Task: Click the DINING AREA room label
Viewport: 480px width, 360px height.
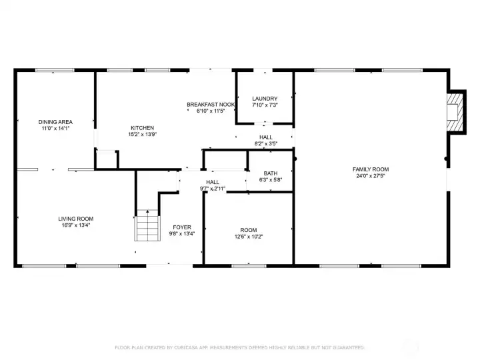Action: coord(55,122)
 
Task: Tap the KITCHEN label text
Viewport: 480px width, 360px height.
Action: coord(142,128)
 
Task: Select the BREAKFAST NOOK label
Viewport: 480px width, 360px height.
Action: coord(210,105)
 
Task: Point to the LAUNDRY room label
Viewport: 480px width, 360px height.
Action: coord(265,99)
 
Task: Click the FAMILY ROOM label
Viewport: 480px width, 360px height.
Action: coord(370,169)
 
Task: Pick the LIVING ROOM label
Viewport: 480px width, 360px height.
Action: coord(75,219)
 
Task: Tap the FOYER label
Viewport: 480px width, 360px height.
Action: coord(182,227)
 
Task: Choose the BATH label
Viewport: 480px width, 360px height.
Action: coord(271,173)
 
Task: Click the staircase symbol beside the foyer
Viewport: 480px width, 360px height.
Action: coord(147,227)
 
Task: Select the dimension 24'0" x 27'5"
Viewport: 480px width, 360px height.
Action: coord(370,176)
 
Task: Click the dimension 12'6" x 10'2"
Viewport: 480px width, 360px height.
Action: coord(249,237)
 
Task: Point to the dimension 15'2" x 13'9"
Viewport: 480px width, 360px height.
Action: coord(142,135)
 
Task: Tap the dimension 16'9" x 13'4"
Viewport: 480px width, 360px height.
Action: coord(75,225)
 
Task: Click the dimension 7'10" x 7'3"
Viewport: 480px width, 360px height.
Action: coord(265,105)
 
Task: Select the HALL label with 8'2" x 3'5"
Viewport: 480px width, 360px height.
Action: coord(266,137)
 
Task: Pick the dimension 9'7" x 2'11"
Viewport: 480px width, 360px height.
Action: coord(213,189)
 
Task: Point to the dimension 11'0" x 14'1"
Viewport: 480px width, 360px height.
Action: coord(55,128)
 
